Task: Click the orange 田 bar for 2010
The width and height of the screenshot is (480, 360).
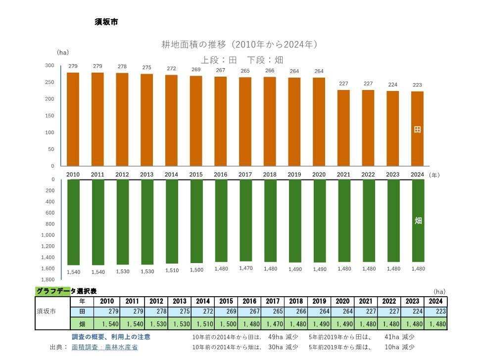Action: (x=73, y=119)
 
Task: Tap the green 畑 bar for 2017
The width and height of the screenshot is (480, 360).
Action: (x=246, y=221)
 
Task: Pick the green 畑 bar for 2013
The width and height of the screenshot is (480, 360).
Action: (x=147, y=222)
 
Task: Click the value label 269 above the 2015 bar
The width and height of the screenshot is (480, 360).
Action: (x=196, y=70)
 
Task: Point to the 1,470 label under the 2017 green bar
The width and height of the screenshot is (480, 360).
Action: (x=246, y=268)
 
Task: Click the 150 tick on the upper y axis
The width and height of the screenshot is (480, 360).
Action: (x=49, y=116)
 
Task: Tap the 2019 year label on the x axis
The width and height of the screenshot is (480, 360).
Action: (x=294, y=175)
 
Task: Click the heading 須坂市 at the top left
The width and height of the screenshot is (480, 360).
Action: (x=106, y=22)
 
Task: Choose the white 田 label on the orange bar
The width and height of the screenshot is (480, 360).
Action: (x=417, y=130)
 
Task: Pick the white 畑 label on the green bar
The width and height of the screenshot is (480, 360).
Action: (x=418, y=221)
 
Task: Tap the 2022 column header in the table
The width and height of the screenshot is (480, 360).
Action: (x=389, y=301)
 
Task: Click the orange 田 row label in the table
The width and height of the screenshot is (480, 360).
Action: (x=83, y=312)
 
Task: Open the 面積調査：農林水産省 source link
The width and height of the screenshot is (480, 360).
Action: (x=104, y=347)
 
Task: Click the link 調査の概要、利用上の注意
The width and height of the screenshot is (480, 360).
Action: (x=111, y=337)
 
